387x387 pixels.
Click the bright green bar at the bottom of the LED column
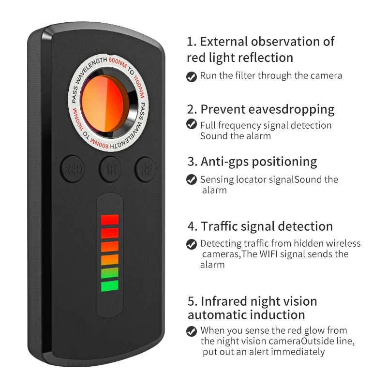110,286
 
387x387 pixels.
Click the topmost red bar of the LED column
110,220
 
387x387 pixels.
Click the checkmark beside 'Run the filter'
192,76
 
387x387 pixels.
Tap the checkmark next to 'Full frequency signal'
192,125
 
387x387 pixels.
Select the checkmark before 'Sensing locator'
192,179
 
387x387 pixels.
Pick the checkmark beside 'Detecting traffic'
192,244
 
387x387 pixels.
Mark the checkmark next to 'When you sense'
192,331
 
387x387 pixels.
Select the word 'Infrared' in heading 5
226,301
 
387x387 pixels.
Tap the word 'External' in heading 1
226,42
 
